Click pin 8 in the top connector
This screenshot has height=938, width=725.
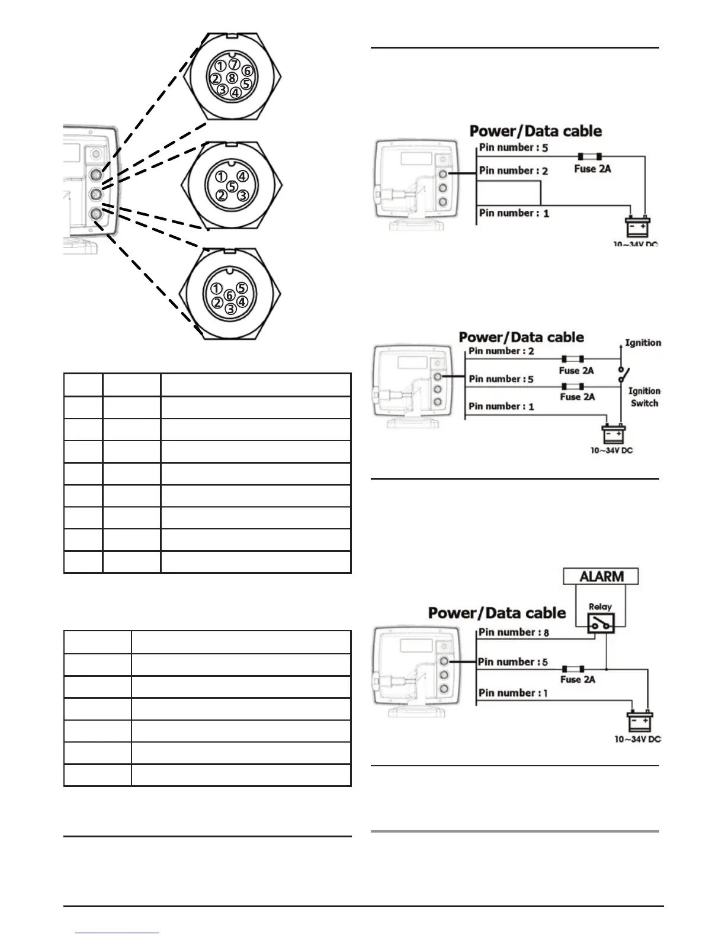point(232,78)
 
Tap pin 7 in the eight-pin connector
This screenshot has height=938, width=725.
point(234,64)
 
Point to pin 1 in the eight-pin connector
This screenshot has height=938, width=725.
point(220,65)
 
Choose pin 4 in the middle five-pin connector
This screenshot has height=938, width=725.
point(242,176)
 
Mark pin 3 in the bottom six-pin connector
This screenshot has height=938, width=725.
point(231,309)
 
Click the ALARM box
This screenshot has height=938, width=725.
point(601,576)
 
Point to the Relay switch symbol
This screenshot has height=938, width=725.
point(600,622)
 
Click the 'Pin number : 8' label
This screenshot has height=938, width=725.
point(514,632)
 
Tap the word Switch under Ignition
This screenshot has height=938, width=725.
point(644,403)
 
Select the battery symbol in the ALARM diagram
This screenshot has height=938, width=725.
point(640,722)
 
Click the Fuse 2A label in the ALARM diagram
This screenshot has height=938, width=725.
point(578,679)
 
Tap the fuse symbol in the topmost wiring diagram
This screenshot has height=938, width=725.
point(590,156)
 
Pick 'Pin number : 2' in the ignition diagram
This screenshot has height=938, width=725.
point(501,351)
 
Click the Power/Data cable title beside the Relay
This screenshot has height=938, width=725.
point(497,613)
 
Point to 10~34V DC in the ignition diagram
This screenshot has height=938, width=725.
point(611,450)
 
